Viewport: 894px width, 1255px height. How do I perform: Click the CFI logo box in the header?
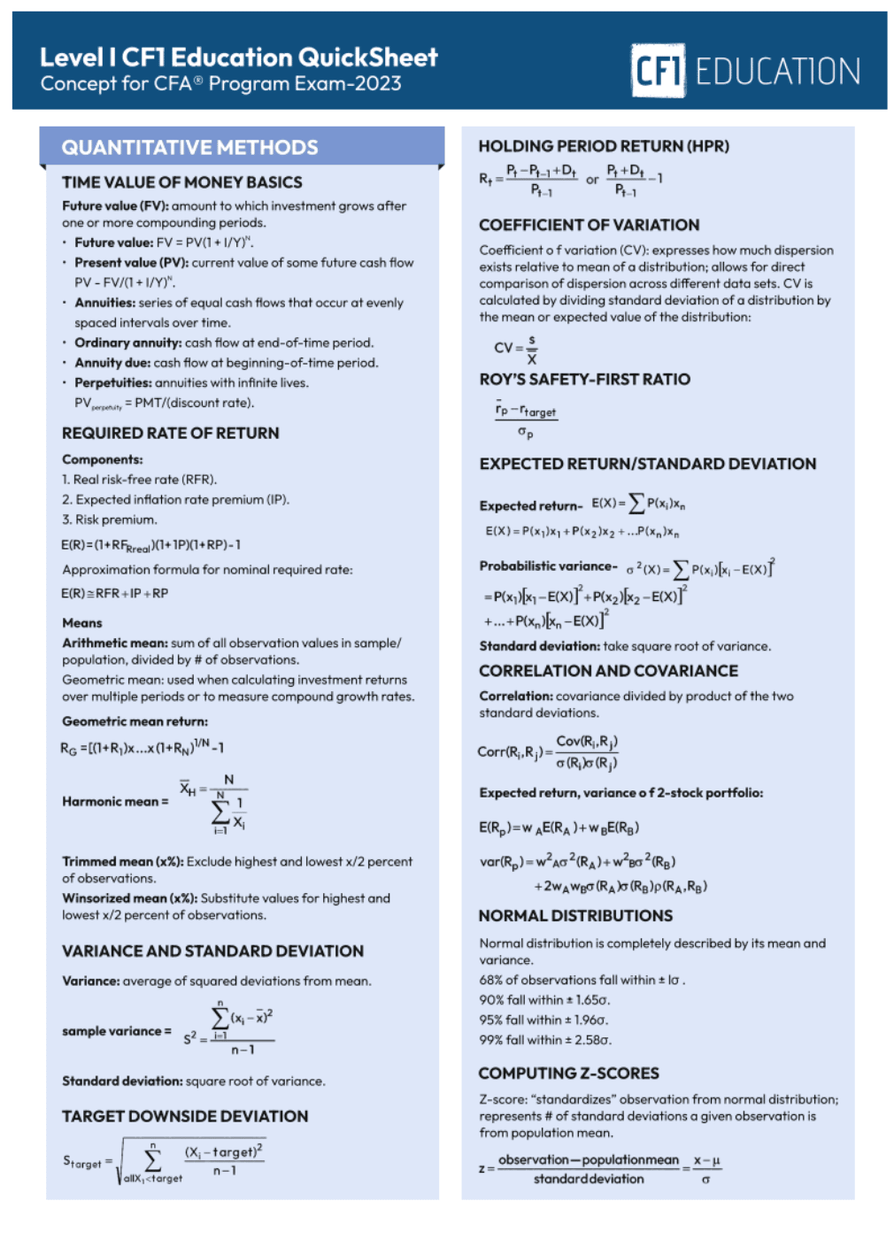[x=658, y=70]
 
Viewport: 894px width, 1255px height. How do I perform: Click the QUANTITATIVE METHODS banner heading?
[x=189, y=148]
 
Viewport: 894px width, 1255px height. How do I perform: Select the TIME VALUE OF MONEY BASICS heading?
[x=182, y=182]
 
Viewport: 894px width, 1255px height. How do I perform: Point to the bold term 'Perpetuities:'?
[x=113, y=382]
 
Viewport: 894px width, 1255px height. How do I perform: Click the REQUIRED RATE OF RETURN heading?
[x=171, y=433]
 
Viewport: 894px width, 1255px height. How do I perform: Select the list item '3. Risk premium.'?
[x=109, y=520]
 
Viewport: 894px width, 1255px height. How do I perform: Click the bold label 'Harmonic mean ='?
[x=115, y=801]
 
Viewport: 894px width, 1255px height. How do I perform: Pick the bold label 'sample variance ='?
[x=117, y=1031]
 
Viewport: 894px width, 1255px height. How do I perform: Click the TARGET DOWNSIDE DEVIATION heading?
[x=185, y=1116]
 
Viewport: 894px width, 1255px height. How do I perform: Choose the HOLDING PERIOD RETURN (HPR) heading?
[x=604, y=146]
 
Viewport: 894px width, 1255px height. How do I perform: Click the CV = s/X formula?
[x=515, y=348]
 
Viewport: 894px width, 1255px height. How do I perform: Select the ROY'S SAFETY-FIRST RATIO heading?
[x=584, y=379]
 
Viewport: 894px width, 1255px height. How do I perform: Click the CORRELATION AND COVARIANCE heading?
[x=608, y=671]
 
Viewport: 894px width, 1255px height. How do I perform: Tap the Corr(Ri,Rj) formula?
[x=548, y=751]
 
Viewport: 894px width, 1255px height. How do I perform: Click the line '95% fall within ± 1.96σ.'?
[x=543, y=1020]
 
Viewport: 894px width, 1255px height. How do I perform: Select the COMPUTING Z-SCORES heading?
[x=568, y=1073]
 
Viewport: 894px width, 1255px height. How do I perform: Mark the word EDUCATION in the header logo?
[x=777, y=72]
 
